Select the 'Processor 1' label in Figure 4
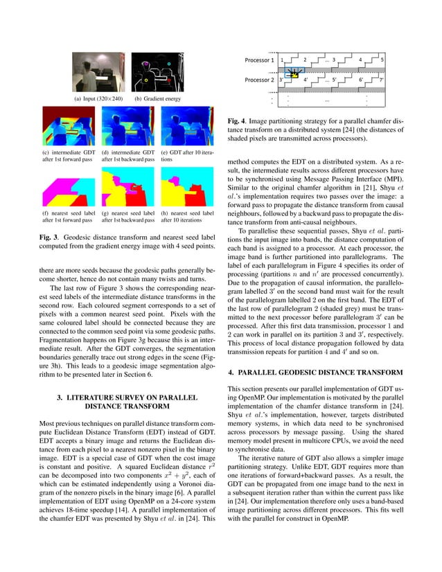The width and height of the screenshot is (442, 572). pyautogui.click(x=259, y=60)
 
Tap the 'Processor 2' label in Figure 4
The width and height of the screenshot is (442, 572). pyautogui.click(x=259, y=80)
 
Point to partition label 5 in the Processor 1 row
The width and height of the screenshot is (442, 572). pyautogui.click(x=382, y=60)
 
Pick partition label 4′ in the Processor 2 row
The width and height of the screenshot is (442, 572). pyautogui.click(x=306, y=80)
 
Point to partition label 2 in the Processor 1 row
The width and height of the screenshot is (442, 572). pyautogui.click(x=305, y=60)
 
